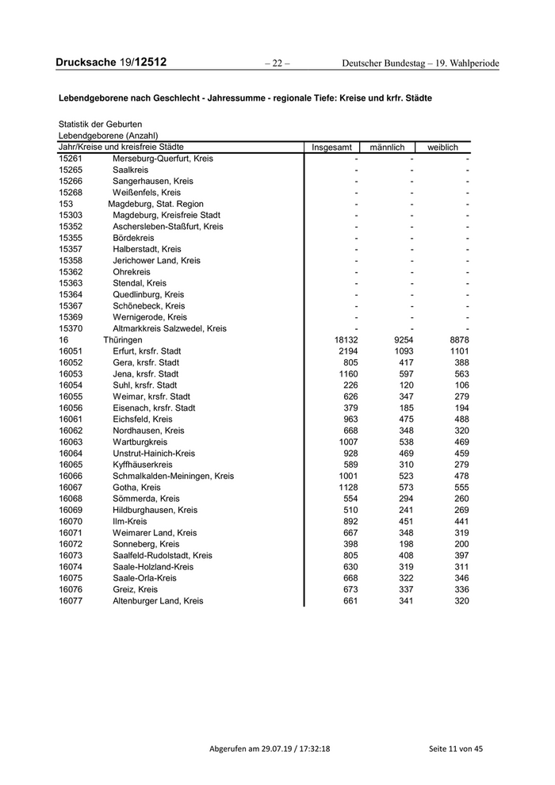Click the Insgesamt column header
coord(332,147)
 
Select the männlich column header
coord(387,147)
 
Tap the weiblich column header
coord(442,147)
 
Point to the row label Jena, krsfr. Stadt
coord(146,374)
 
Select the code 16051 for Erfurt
coord(71,351)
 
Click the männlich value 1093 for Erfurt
coord(404,351)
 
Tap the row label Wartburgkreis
coord(140,442)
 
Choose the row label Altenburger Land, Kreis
coord(158,601)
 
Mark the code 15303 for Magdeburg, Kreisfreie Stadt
coord(71,215)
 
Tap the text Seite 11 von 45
coord(455,749)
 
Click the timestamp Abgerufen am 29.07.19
coord(269,749)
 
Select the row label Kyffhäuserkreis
coord(143,465)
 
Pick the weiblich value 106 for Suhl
coord(461,385)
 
